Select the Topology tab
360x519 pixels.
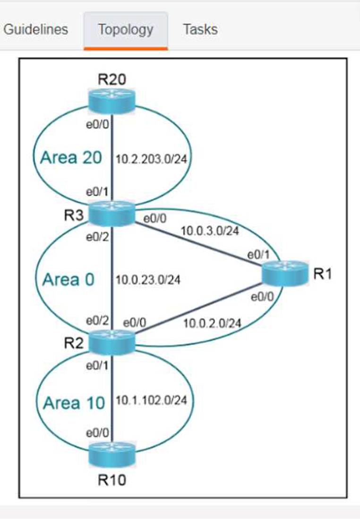[x=126, y=29]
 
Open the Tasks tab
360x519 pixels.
[x=200, y=29]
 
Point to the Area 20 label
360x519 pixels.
[x=71, y=157]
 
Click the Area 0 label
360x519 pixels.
[x=69, y=280]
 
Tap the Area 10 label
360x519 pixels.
[x=74, y=403]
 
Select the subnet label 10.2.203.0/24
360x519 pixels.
[x=151, y=159]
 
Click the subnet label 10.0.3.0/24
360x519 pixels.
[x=209, y=232]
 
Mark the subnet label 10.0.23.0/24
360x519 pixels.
[x=148, y=280]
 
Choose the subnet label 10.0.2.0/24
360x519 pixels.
[x=212, y=323]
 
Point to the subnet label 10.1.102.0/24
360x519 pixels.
[x=151, y=400]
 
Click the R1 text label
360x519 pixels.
[x=323, y=274]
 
